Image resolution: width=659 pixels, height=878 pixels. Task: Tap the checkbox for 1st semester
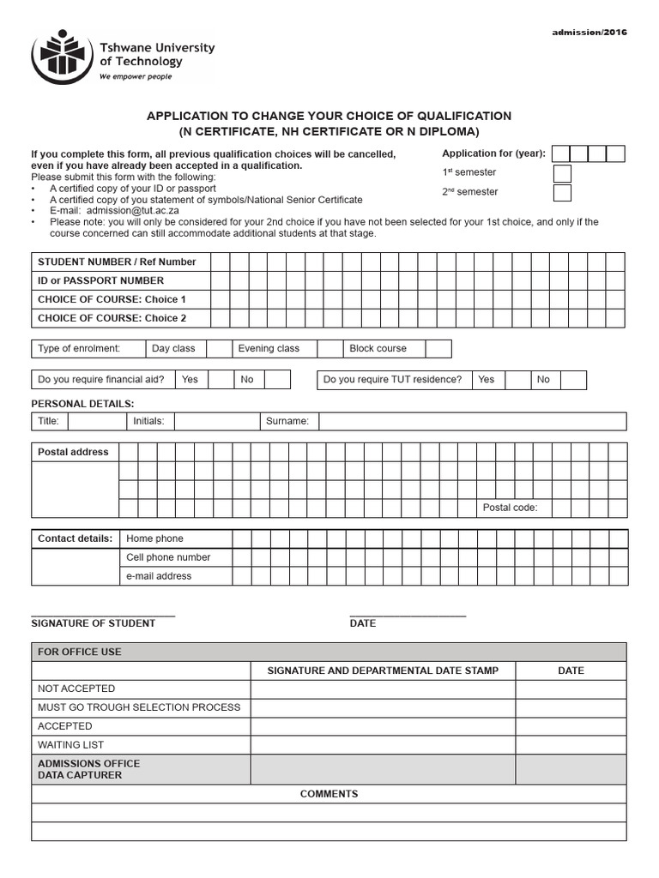(x=562, y=173)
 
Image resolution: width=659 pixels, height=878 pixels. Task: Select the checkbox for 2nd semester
(x=562, y=192)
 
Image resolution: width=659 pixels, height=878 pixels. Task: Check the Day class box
(x=220, y=349)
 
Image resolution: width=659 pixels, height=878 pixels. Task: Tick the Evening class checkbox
(x=329, y=349)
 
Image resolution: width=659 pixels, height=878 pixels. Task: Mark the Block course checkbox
(x=438, y=349)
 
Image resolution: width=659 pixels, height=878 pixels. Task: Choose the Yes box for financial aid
(x=221, y=380)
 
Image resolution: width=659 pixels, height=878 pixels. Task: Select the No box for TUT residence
(x=574, y=380)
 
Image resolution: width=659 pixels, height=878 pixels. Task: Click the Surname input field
(x=472, y=421)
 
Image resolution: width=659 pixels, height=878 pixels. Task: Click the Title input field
(x=96, y=421)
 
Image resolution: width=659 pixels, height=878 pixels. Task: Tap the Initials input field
(x=216, y=421)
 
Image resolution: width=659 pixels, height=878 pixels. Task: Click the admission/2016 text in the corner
(x=589, y=33)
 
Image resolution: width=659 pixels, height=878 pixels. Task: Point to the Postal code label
(x=510, y=508)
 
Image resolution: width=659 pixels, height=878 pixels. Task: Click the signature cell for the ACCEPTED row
(x=383, y=726)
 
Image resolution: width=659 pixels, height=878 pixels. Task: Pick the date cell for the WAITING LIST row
(x=571, y=745)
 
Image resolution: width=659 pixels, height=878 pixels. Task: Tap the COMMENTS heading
(x=329, y=794)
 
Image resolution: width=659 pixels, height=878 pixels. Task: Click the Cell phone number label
(x=168, y=557)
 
